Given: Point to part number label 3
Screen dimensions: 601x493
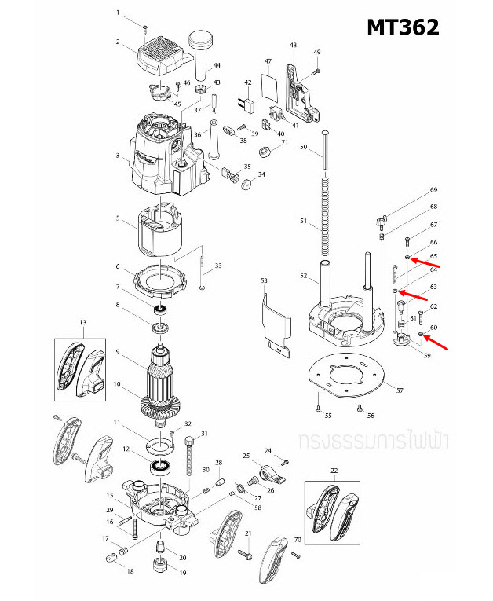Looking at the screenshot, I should (x=118, y=156).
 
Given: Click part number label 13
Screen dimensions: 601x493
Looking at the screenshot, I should (x=82, y=322).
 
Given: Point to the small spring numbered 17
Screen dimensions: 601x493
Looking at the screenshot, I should (x=122, y=546).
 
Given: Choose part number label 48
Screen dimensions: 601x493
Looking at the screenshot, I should (x=293, y=46).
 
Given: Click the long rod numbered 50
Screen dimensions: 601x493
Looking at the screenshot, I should (x=323, y=150).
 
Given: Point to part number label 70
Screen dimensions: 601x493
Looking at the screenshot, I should (x=298, y=540).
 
